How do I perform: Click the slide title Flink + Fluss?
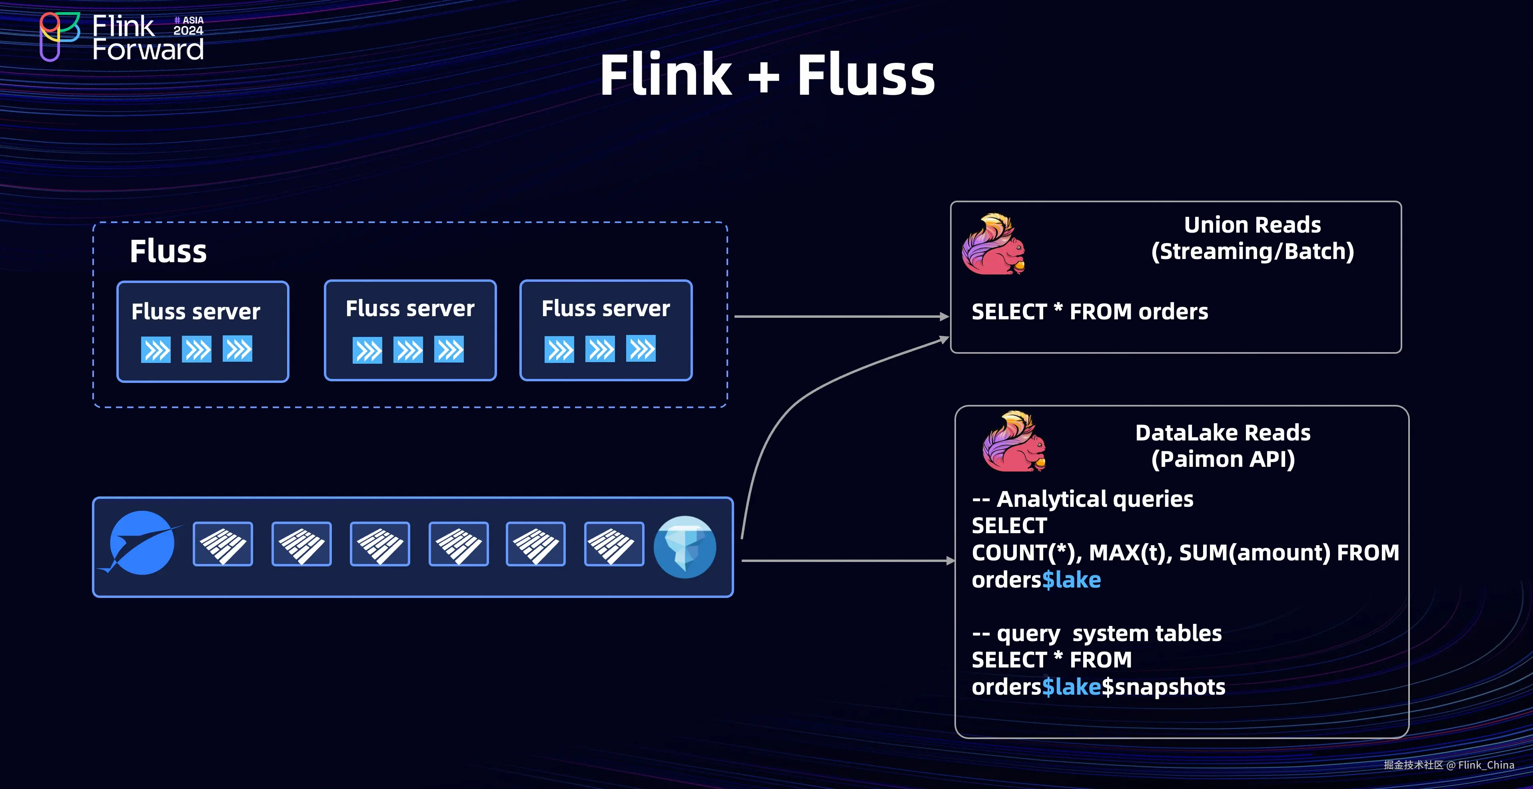767,75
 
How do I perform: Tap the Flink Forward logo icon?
59,36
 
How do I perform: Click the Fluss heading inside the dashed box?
168,251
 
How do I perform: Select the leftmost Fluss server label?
196,311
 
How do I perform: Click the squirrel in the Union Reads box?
993,245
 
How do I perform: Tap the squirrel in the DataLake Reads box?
1014,442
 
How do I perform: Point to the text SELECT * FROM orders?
1090,312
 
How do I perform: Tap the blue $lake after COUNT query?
1071,580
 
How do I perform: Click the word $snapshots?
1164,687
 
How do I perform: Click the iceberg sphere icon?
685,547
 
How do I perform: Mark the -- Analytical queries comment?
1082,499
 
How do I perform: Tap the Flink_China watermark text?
1485,765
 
